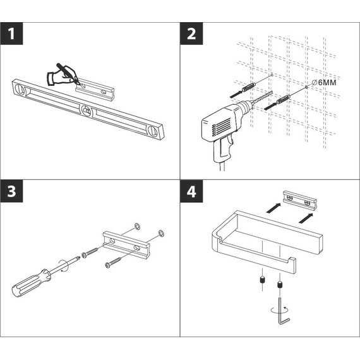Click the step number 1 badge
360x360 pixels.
tap(11, 33)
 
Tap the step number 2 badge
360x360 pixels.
tap(191, 33)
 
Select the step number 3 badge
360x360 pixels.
tap(11, 191)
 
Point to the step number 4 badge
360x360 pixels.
tap(191, 191)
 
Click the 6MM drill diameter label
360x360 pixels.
tap(324, 83)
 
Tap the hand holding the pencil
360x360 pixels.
tap(62, 75)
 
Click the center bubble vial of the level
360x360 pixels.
tap(87, 111)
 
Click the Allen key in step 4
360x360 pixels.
tap(283, 312)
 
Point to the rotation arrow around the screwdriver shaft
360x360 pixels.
tap(63, 266)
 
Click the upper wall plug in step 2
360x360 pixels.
tap(249, 88)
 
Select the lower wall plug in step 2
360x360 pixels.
tap(284, 99)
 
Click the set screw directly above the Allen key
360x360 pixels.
tap(280, 285)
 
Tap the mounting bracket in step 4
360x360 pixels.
tap(300, 200)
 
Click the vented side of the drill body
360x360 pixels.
tap(218, 127)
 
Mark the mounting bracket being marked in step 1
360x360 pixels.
tap(95, 90)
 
